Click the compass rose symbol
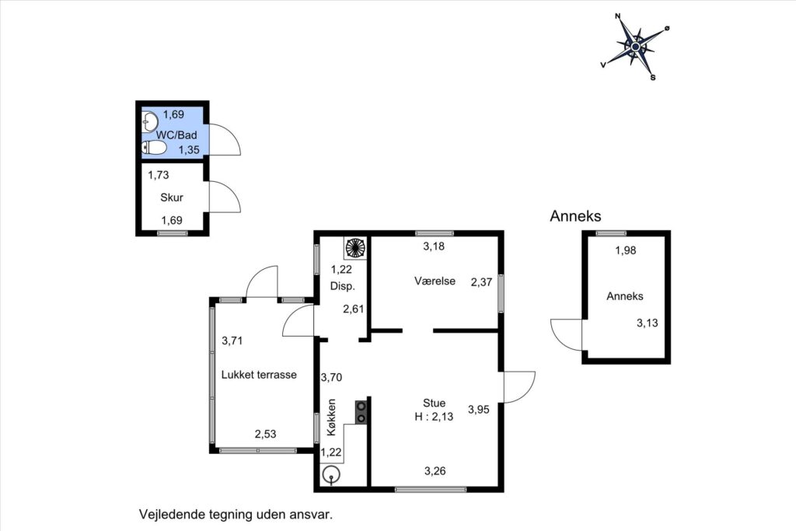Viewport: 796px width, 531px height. [635, 47]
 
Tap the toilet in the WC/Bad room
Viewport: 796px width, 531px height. [154, 148]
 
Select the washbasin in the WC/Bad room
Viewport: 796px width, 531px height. [150, 121]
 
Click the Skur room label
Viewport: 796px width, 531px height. [172, 197]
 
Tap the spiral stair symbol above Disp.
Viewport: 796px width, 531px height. [355, 248]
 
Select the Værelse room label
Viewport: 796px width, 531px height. [435, 281]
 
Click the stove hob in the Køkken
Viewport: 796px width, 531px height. [361, 412]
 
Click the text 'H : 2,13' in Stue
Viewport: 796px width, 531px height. [434, 417]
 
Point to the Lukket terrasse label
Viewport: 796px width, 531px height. [259, 375]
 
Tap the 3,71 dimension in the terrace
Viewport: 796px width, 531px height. [232, 341]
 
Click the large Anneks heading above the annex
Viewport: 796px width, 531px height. [576, 216]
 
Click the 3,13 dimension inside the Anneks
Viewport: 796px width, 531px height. [648, 323]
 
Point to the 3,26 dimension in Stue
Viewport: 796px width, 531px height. [435, 471]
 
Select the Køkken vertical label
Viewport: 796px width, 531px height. [331, 417]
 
